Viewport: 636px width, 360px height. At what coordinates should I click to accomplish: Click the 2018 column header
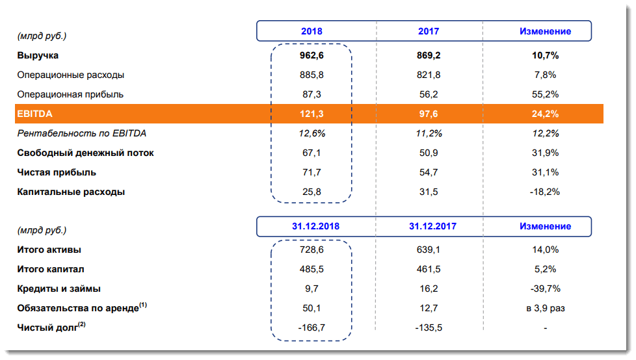click(x=311, y=31)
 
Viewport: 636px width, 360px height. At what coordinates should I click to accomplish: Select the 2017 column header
click(x=429, y=31)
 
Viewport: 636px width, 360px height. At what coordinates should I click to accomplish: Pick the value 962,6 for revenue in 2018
click(x=311, y=55)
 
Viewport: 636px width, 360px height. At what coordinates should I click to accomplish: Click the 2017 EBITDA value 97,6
click(x=429, y=114)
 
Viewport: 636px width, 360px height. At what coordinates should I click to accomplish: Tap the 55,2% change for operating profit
click(x=545, y=94)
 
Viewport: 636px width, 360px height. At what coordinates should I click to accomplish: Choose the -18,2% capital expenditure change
click(x=545, y=192)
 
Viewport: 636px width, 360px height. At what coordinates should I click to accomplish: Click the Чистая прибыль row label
click(x=57, y=172)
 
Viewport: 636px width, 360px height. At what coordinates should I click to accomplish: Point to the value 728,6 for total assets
click(x=311, y=250)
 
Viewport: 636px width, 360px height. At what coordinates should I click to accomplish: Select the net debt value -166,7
click(x=311, y=328)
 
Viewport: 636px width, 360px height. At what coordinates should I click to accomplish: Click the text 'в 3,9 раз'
click(x=545, y=308)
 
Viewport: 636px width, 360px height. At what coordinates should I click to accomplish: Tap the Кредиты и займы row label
click(x=59, y=289)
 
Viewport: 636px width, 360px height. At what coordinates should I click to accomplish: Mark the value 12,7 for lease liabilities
click(x=429, y=308)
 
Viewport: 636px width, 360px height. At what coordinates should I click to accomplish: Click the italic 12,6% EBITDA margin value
click(x=311, y=133)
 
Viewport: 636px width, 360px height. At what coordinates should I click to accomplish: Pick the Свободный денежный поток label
click(x=85, y=153)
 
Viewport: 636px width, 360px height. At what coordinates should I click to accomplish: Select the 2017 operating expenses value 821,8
click(x=429, y=75)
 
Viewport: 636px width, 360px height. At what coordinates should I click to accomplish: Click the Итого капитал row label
click(x=51, y=269)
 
